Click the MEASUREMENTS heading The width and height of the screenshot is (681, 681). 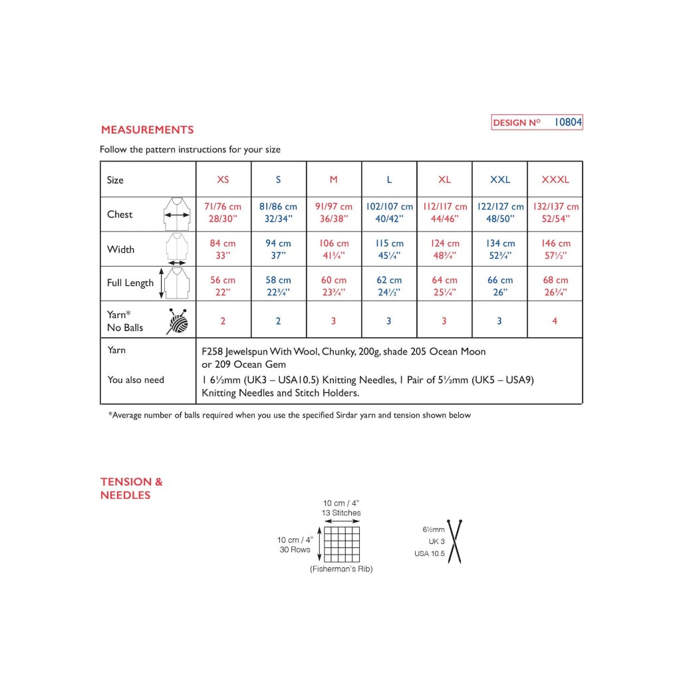147,130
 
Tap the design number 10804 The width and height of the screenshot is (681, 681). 568,122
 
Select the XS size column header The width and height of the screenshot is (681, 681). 223,180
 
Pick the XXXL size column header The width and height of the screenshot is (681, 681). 555,180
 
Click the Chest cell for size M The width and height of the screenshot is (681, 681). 334,213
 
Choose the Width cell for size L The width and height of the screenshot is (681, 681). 389,249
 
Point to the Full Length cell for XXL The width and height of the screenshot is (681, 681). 500,286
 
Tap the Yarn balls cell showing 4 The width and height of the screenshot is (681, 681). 555,321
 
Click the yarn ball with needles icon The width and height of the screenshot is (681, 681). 177,321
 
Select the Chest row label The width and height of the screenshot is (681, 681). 120,214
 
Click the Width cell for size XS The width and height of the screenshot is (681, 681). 223,249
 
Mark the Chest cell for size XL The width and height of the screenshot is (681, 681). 444,213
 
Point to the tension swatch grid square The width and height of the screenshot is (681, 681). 342,545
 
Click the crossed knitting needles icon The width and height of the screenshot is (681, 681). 455,541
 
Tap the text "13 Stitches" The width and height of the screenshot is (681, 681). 342,513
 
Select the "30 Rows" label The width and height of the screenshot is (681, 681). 295,549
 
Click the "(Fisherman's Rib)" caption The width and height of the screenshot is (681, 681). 341,569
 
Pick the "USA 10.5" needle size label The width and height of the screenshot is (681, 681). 429,553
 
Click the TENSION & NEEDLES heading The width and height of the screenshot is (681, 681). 131,488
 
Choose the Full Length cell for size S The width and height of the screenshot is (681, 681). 278,286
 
